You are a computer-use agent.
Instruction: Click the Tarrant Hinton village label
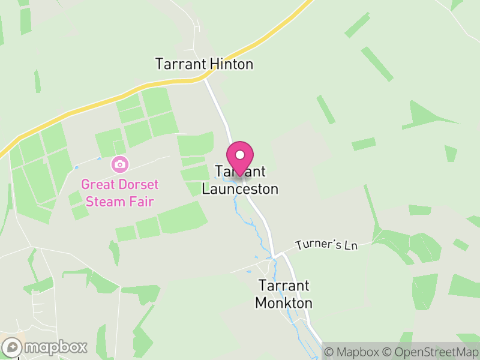(204, 64)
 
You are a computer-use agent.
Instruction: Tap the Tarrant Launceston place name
(240, 181)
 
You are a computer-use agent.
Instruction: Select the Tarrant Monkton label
(284, 294)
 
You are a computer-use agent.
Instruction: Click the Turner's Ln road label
(326, 245)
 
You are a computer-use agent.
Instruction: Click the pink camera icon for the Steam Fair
(119, 164)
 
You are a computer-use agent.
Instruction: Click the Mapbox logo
(46, 347)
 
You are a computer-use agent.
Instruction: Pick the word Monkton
(284, 302)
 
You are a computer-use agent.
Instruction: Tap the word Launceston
(240, 189)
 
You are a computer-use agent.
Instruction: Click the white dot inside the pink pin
(240, 155)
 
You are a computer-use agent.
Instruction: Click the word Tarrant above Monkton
(284, 286)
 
